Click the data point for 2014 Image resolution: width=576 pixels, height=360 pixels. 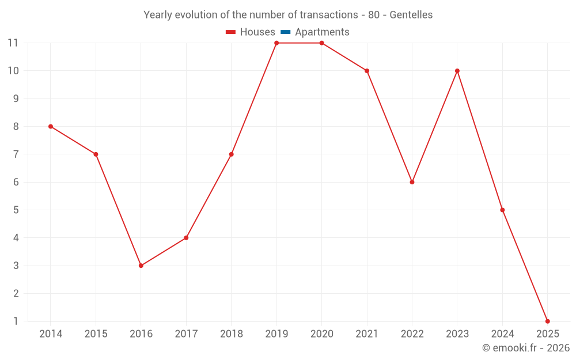tap(51, 126)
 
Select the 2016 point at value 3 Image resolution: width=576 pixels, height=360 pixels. tap(141, 266)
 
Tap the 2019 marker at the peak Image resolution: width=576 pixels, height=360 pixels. tap(276, 43)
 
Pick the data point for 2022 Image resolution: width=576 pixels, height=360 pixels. tap(412, 182)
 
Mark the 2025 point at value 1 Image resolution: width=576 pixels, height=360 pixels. tap(547, 321)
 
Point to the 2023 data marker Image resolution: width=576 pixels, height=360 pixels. tap(457, 71)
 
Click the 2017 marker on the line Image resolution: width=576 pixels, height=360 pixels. tap(186, 238)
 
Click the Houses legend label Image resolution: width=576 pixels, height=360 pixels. tap(257, 32)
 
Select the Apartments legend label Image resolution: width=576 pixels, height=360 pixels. tap(322, 32)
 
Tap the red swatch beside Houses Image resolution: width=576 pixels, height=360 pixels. tap(231, 32)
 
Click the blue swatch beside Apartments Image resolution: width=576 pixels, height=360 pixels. tap(286, 32)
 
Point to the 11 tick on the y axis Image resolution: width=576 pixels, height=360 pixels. tap(13, 43)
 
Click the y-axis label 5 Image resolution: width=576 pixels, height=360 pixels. tap(16, 210)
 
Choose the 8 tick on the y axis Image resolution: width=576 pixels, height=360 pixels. tap(16, 127)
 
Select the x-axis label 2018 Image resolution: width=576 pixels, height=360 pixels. tap(231, 334)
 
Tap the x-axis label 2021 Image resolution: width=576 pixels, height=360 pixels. tap(367, 334)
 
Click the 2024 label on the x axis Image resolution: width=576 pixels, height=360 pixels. tap(502, 334)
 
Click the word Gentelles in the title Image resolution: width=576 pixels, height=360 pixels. tap(411, 15)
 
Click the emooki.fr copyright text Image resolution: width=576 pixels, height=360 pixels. tap(526, 348)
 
